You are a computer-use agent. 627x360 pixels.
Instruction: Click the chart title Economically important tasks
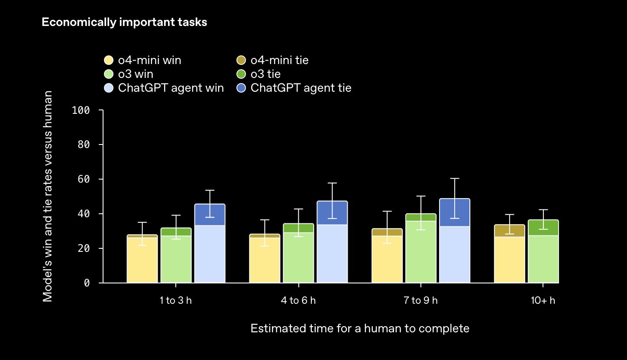tap(124, 22)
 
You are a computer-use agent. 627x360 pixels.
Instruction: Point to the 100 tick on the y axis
tap(81, 110)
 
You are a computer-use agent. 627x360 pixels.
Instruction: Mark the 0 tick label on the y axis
tap(87, 283)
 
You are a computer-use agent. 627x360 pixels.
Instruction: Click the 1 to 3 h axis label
tap(175, 300)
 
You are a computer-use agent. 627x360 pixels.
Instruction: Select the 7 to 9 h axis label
tap(420, 300)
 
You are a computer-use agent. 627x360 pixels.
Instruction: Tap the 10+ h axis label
tap(543, 300)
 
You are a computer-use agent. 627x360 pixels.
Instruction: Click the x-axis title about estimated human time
tap(360, 328)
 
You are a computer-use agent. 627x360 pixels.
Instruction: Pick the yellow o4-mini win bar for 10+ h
tap(510, 260)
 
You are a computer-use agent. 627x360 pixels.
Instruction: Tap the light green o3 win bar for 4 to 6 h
tap(298, 257)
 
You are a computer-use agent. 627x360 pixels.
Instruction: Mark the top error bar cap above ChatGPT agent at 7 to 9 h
tap(455, 178)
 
